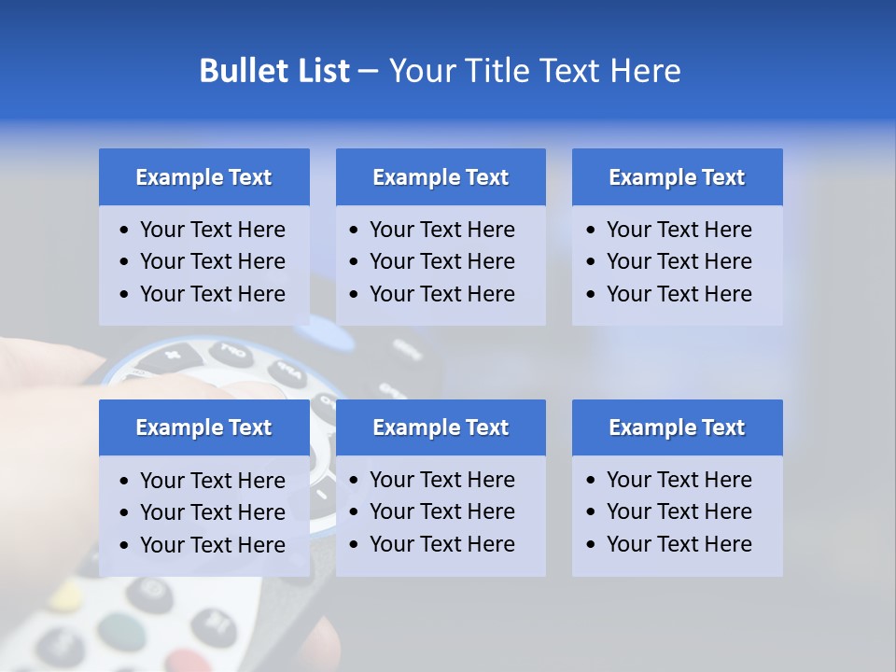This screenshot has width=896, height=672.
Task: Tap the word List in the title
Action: click(x=317, y=71)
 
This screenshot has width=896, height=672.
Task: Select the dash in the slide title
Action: click(x=368, y=72)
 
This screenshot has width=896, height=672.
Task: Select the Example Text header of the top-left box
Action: click(x=203, y=177)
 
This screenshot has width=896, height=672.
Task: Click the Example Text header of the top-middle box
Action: click(x=441, y=177)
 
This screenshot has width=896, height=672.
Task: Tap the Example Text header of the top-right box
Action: click(x=677, y=177)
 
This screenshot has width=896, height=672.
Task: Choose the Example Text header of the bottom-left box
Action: click(x=203, y=427)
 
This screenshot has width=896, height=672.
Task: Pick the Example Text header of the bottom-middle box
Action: click(x=441, y=427)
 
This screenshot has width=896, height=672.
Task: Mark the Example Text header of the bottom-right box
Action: click(x=677, y=427)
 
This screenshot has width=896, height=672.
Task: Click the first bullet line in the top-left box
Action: click(x=212, y=230)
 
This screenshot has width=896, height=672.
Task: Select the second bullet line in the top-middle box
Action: click(x=441, y=261)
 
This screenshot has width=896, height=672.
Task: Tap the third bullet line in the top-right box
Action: click(x=679, y=294)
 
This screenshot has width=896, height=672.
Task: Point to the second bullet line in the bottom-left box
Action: click(x=212, y=512)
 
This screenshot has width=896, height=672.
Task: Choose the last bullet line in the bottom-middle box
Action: click(x=441, y=544)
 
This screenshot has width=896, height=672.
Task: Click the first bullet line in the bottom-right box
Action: click(x=679, y=480)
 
